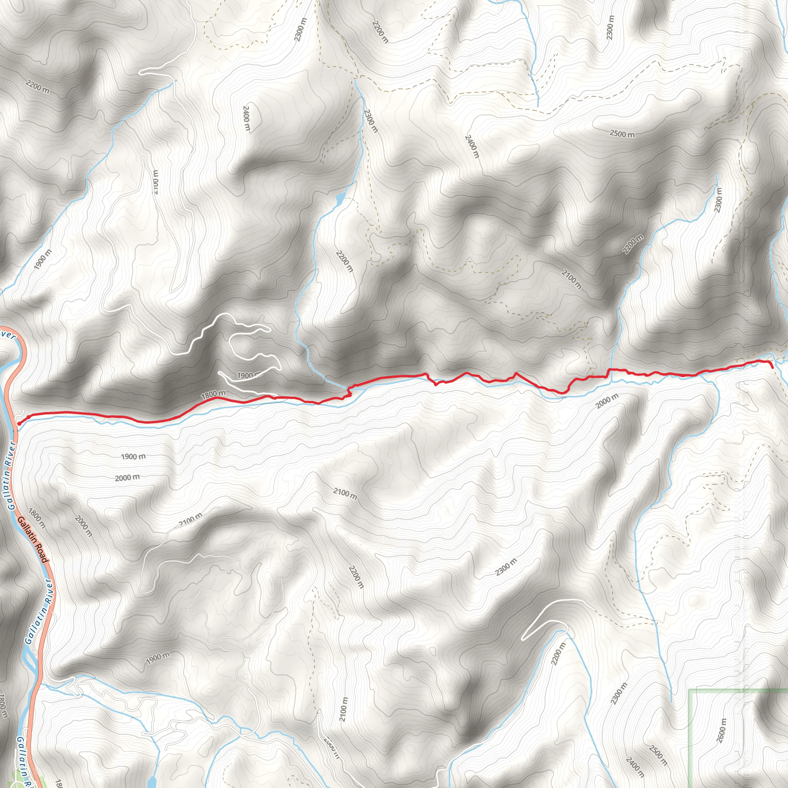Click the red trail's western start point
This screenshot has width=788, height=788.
coord(19,424)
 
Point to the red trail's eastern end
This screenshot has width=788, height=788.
coord(773,367)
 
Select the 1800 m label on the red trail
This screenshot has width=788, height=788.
coord(213,394)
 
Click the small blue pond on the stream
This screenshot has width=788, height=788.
coord(339,199)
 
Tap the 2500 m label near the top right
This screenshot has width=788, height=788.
coord(622,134)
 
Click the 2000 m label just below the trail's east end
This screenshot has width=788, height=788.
coord(607,401)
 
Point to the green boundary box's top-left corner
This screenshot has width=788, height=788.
coord(689,690)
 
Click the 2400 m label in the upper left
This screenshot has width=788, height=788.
coord(246,118)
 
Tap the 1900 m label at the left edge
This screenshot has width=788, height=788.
coord(43,259)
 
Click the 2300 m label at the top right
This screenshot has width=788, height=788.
coord(610,27)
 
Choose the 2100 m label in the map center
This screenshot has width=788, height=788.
coord(345,494)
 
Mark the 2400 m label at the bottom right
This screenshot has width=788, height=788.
coord(634,766)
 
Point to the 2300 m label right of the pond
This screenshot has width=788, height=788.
coord(371,121)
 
